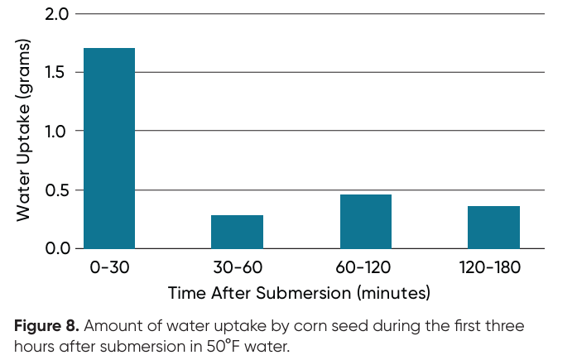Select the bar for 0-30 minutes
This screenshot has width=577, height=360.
point(109,148)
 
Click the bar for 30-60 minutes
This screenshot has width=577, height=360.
point(237,232)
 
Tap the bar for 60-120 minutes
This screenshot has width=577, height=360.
point(365,221)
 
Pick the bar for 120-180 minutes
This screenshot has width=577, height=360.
point(493,227)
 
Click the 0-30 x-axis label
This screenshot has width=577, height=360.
point(109,268)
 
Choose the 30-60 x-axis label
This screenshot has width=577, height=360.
point(237,268)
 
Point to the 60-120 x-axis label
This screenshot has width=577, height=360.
point(365,268)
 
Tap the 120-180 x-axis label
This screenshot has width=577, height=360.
point(493,268)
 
